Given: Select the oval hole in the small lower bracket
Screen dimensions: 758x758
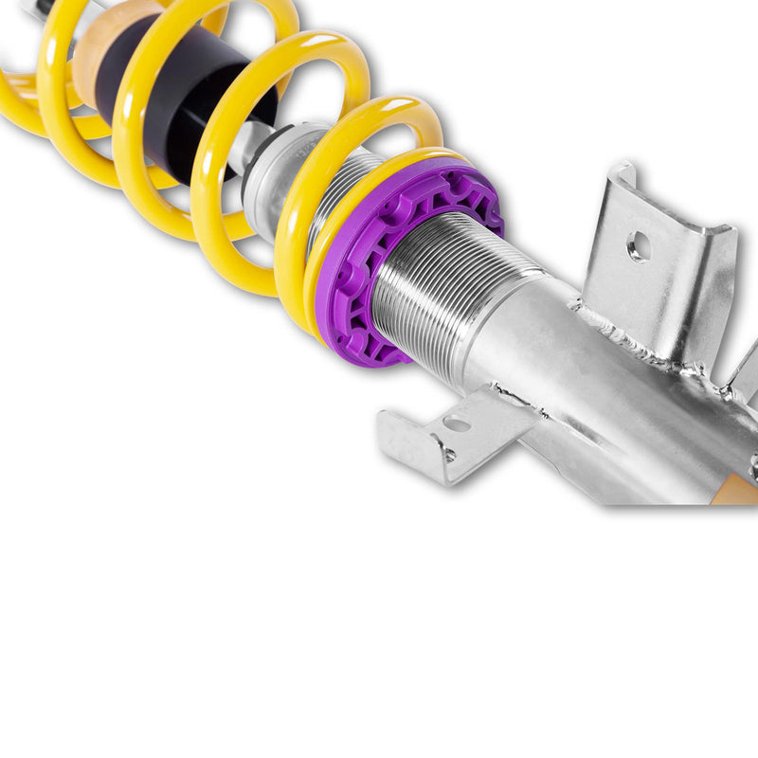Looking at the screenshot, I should click(x=458, y=424).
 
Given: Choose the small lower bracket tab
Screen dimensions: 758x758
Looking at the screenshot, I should click(x=445, y=431).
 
